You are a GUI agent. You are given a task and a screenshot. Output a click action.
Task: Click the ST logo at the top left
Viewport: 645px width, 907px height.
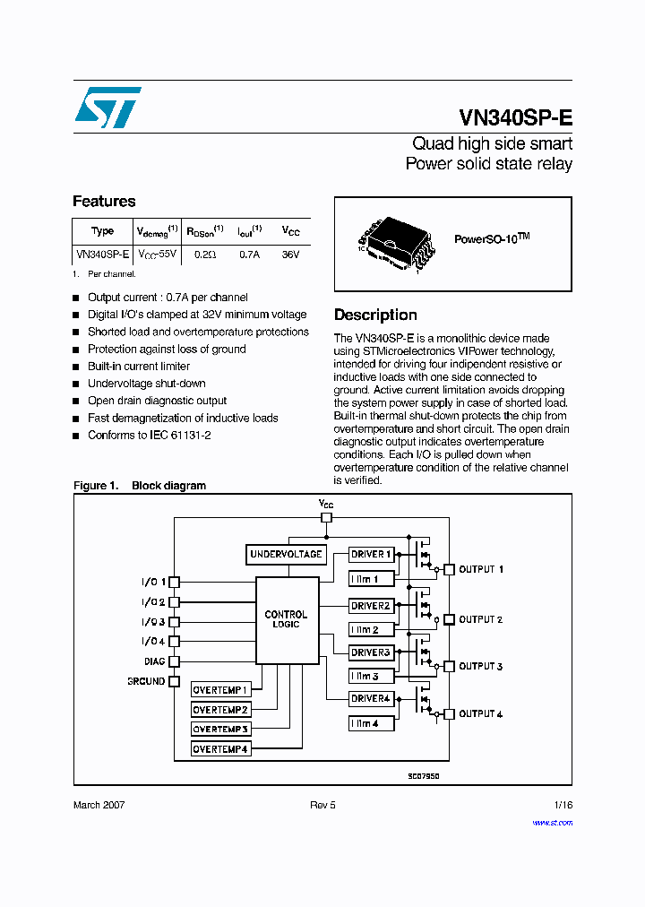pos(107,108)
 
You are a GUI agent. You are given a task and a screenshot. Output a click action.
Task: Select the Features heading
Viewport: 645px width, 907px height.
pos(104,202)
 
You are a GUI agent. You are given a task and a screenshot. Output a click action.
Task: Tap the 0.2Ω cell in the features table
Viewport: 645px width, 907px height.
pos(205,255)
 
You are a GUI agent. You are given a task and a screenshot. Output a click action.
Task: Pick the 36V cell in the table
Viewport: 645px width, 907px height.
pos(290,255)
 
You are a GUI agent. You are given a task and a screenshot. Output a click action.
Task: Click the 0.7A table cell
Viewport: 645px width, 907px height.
pos(249,255)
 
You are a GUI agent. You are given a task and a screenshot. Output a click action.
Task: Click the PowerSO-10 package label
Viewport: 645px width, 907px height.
pos(492,238)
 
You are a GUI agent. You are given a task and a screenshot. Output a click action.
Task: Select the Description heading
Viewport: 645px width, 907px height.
pos(375,315)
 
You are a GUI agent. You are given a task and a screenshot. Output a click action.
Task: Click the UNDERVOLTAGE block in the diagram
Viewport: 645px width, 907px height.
pos(286,555)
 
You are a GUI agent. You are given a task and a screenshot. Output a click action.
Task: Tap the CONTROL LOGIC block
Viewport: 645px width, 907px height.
pos(287,619)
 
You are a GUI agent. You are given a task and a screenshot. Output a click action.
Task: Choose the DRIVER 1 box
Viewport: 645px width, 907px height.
pos(371,555)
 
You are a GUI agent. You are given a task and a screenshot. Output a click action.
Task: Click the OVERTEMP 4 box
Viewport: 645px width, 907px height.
pos(220,748)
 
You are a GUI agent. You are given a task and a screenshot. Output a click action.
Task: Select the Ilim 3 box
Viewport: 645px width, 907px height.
pos(371,676)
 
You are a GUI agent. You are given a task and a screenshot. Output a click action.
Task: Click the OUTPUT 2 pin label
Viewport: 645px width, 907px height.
pos(480,620)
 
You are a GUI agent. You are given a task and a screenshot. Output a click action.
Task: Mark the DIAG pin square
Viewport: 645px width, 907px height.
pos(175,661)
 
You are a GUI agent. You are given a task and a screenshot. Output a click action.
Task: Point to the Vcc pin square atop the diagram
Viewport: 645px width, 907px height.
pos(326,517)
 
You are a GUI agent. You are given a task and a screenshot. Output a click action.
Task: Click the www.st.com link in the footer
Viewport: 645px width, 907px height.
pos(552,822)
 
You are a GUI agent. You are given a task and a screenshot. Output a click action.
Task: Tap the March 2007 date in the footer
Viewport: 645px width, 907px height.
pos(99,805)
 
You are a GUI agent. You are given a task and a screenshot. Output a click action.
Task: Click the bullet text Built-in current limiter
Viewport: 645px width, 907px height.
pos(139,367)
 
